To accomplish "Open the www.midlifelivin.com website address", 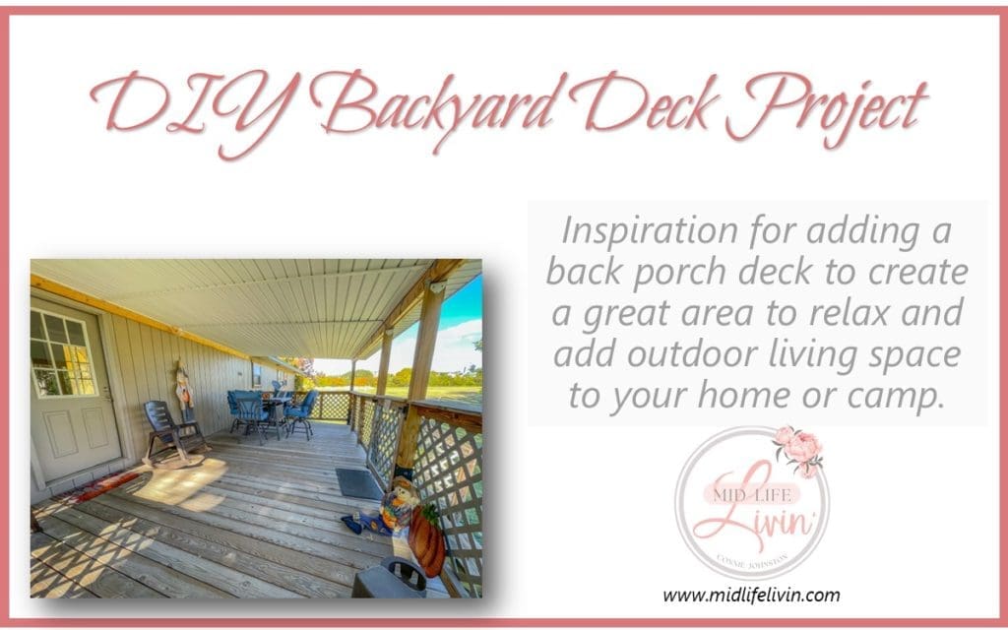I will click(x=751, y=595).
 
